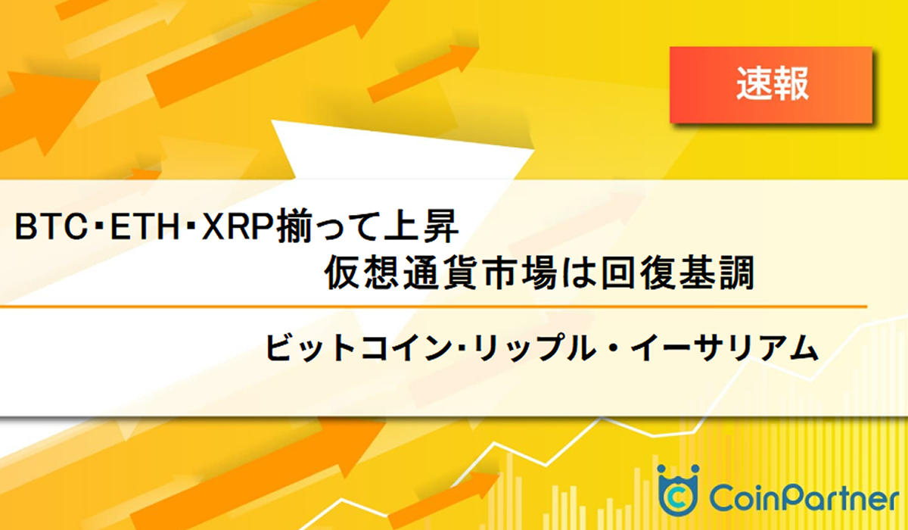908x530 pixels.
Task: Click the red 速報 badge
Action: (771, 84)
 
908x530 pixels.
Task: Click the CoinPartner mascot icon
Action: (677, 490)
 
